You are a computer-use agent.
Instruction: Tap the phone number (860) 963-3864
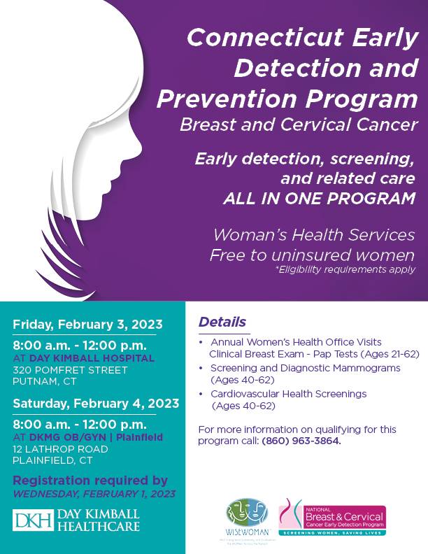click(302, 441)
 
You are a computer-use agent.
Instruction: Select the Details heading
click(222, 322)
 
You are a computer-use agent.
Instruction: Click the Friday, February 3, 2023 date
click(87, 325)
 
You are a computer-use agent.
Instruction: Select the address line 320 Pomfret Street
click(71, 370)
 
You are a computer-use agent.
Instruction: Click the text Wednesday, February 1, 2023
click(94, 495)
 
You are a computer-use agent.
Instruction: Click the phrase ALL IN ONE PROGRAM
click(319, 198)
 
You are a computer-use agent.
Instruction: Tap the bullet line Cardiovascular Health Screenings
click(288, 394)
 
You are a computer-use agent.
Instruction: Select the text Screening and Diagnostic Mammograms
click(305, 367)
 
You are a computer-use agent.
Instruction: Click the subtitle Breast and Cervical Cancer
click(297, 125)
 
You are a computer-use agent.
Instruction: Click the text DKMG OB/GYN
click(57, 436)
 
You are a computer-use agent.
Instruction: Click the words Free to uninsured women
click(312, 255)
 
